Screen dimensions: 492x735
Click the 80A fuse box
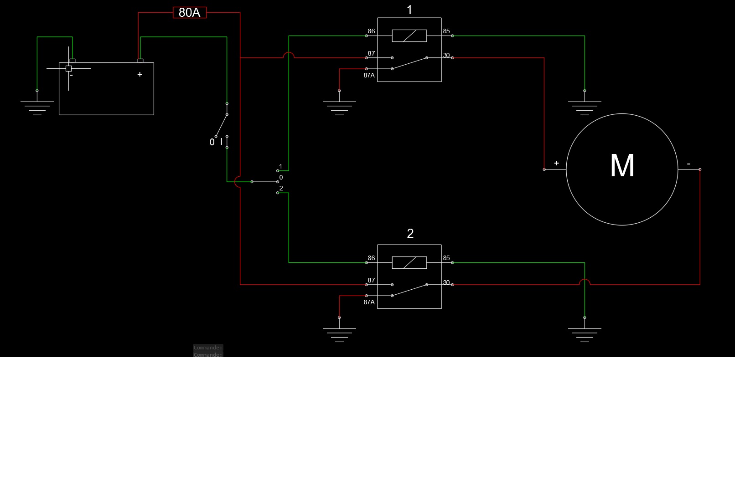pos(190,13)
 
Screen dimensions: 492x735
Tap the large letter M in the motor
pos(622,166)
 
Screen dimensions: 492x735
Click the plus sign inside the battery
pos(140,74)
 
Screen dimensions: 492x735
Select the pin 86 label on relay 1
pos(371,31)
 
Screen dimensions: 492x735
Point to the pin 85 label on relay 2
pos(446,258)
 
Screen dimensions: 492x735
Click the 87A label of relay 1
pos(369,76)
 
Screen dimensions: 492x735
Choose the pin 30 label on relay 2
pos(446,283)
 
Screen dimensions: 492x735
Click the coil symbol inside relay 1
pos(409,36)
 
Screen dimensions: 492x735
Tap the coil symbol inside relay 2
pos(409,263)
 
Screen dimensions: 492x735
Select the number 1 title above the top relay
pos(409,10)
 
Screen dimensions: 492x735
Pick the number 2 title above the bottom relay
pos(410,234)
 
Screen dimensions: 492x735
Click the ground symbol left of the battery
pos(37,108)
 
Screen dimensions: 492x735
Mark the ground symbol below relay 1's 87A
pos(339,108)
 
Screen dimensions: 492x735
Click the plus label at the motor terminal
pos(556,163)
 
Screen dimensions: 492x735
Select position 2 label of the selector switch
pos(281,188)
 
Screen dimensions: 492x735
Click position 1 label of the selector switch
pos(281,167)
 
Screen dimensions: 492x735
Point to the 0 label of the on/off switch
pos(212,142)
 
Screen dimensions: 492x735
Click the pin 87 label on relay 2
pos(371,281)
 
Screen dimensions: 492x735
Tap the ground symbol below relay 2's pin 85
pos(585,334)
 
